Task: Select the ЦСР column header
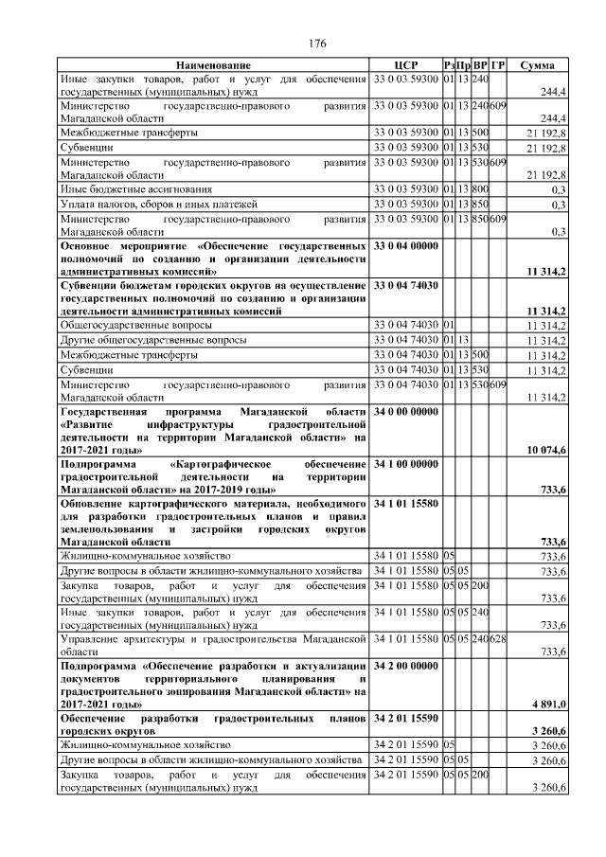(405, 64)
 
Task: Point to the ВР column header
(480, 64)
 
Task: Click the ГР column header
(498, 64)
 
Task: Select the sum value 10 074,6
(547, 449)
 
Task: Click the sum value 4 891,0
(547, 705)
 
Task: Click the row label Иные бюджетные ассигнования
(131, 189)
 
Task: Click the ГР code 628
(498, 640)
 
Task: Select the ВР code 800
(480, 189)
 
